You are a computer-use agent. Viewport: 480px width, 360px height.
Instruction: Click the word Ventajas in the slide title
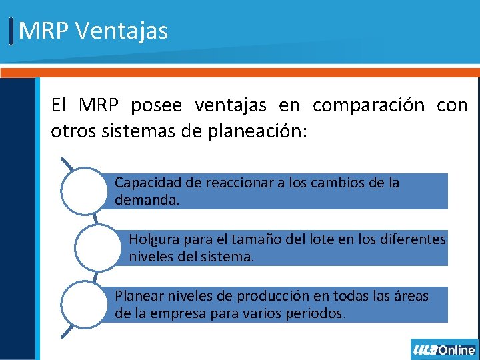pyautogui.click(x=122, y=31)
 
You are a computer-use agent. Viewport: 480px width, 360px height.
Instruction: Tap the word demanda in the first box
pyautogui.click(x=146, y=199)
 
